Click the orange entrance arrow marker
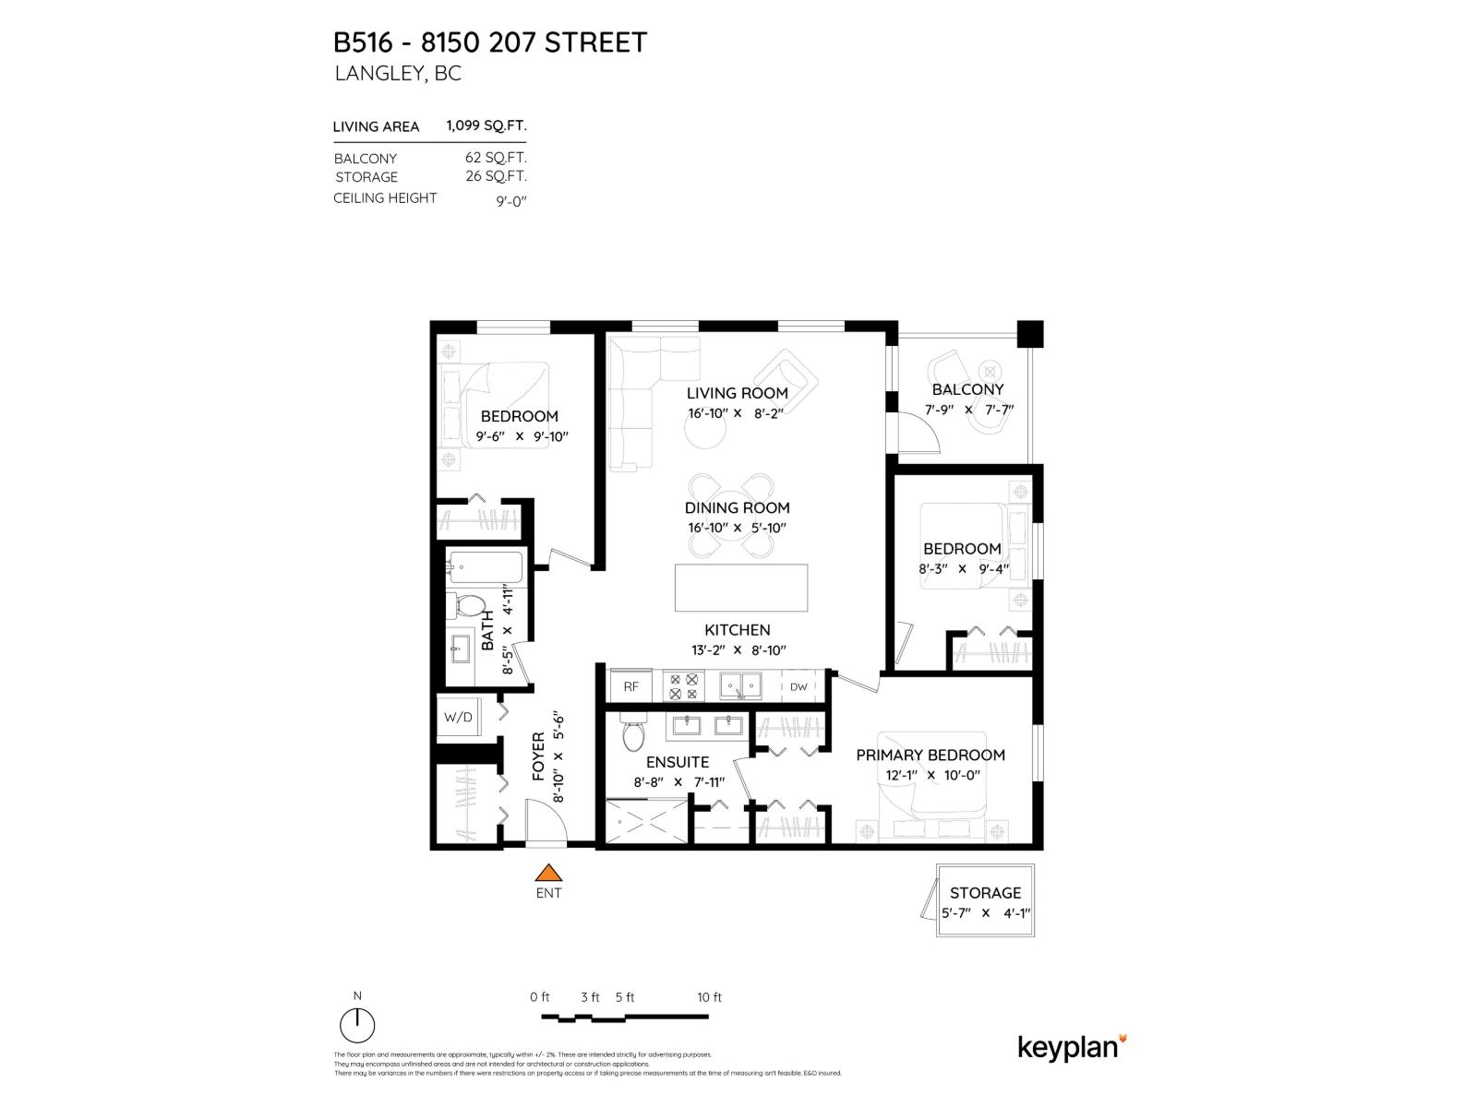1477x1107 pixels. coord(549,873)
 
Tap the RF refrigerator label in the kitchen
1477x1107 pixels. coord(631,686)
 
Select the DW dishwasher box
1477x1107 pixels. coord(799,686)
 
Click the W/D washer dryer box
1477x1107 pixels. coord(458,717)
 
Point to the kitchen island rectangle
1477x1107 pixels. coord(741,588)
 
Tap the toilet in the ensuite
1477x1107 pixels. coord(633,735)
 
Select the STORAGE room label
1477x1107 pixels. coord(985,893)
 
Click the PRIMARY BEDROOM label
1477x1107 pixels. coord(931,755)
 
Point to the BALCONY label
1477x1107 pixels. coord(967,389)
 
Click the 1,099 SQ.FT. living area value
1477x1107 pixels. coord(486,125)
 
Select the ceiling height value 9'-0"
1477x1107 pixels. coord(510,201)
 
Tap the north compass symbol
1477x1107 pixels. coord(357,1025)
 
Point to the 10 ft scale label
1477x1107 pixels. coord(709,997)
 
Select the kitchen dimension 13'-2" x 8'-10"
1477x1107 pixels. coord(738,650)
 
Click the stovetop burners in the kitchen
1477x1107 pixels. coord(684,686)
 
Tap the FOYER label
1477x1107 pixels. coord(539,756)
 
